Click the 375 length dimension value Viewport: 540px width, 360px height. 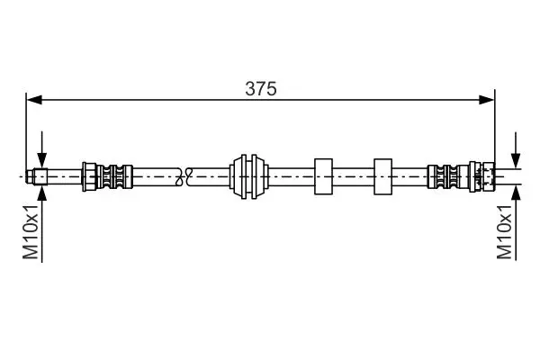coord(261,89)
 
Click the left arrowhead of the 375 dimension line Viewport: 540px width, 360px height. coord(34,100)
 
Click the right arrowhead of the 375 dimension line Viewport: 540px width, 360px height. coord(487,100)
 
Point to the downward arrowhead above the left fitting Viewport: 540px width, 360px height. coord(42,161)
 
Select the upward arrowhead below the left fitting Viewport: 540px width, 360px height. coord(42,193)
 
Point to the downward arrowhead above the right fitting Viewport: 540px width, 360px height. coord(516,161)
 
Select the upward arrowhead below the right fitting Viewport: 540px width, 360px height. coord(516,193)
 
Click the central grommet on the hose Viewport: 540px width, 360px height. coord(249,176)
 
